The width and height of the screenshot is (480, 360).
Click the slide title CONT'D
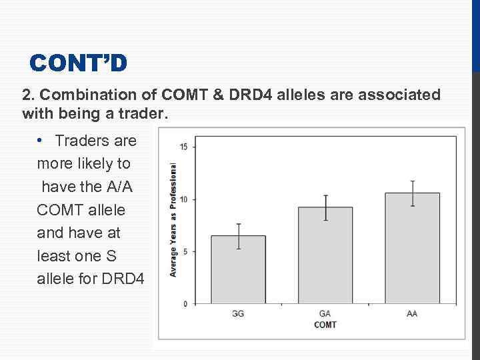pos(78,63)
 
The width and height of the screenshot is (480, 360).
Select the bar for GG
pos(238,270)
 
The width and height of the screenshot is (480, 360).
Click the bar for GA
pos(325,256)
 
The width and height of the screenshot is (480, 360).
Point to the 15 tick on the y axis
pos(183,147)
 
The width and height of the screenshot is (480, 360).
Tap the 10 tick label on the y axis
pos(183,199)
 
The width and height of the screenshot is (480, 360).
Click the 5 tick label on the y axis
pos(185,251)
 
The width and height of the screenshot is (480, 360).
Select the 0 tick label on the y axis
pos(185,304)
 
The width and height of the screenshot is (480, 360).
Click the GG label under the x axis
pos(238,313)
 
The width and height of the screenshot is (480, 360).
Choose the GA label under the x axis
pos(325,313)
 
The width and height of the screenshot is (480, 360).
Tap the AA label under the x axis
pos(412,313)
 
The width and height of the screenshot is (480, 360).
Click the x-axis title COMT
pos(325,325)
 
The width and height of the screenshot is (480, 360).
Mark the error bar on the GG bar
pos(238,236)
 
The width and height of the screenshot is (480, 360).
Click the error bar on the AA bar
pos(412,193)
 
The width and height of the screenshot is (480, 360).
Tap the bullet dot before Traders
pos(41,141)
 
